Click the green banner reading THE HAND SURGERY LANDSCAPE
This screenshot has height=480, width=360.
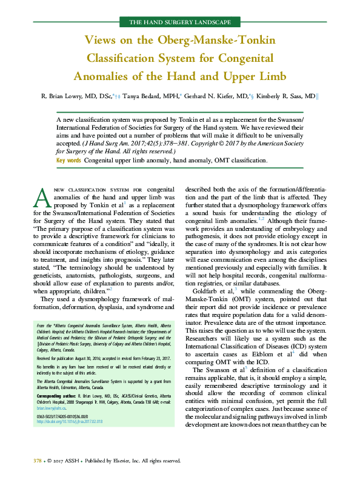point(180,22)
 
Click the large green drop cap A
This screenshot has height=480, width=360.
point(42,197)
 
